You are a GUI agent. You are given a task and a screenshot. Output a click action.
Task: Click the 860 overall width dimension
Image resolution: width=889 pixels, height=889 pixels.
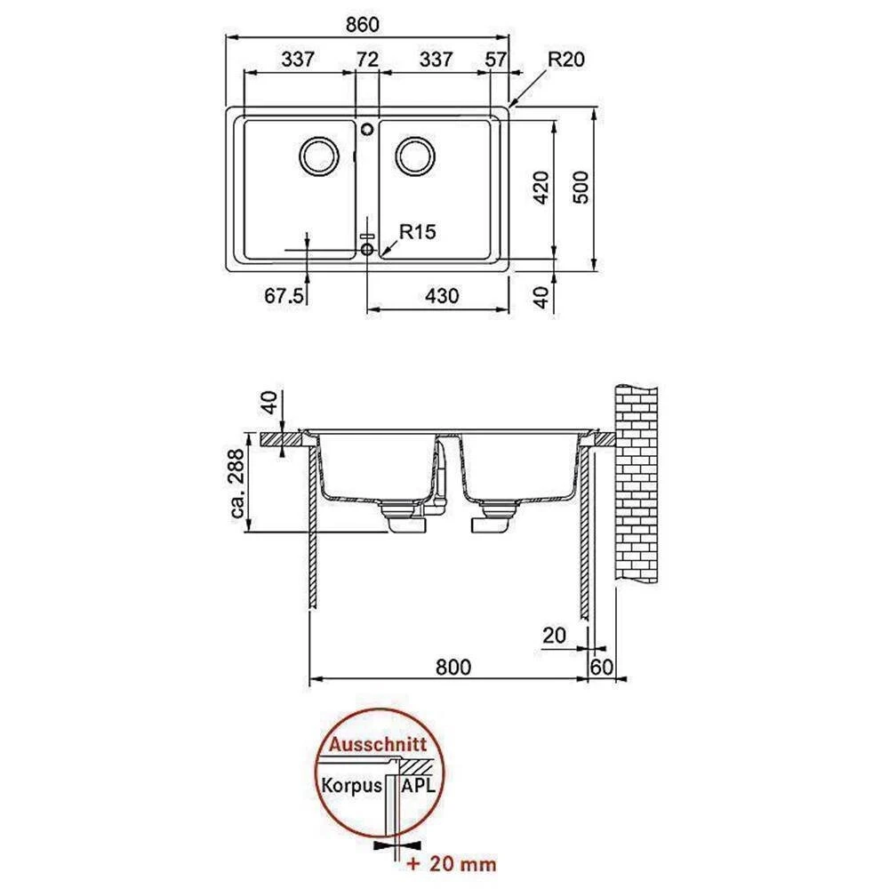click(x=362, y=24)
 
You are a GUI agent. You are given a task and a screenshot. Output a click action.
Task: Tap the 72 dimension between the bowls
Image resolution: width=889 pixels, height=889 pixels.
click(x=367, y=59)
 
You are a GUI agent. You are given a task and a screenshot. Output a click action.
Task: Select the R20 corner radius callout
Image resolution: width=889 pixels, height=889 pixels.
click(x=566, y=59)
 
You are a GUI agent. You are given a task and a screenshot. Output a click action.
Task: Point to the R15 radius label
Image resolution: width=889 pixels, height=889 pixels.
click(x=418, y=231)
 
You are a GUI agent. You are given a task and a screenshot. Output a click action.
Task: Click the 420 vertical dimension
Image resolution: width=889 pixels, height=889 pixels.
click(x=542, y=188)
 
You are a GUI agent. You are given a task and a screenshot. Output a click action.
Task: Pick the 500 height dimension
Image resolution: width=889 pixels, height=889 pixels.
click(x=581, y=188)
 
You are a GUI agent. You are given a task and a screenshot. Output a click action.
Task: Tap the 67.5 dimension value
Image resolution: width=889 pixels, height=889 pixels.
click(x=284, y=295)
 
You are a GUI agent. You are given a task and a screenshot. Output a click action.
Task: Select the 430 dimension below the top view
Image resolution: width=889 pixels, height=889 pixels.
click(x=442, y=295)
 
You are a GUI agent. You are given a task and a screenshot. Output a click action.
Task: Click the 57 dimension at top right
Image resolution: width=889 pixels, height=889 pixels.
click(x=495, y=59)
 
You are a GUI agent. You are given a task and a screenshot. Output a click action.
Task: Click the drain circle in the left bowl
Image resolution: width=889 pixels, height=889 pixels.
click(x=318, y=156)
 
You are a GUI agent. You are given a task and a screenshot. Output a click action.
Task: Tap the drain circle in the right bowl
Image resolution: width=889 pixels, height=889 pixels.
click(x=415, y=156)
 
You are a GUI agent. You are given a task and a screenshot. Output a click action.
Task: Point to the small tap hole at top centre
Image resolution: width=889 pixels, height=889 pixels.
click(x=367, y=130)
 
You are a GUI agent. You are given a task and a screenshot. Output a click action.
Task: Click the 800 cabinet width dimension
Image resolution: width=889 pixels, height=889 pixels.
click(x=453, y=667)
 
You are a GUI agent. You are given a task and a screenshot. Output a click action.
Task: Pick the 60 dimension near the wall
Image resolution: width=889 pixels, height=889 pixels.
click(x=602, y=667)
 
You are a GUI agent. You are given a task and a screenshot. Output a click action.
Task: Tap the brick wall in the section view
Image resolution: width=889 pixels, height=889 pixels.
click(x=637, y=484)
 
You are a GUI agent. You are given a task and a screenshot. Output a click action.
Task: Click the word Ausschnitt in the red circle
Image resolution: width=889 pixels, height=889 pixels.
click(x=378, y=744)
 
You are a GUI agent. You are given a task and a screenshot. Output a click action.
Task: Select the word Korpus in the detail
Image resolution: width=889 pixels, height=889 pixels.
click(x=351, y=786)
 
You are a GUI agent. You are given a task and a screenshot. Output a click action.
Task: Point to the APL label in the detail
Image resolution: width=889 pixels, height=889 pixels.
click(x=418, y=785)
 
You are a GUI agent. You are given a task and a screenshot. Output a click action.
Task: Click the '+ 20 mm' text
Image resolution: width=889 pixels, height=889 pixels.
click(x=452, y=863)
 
